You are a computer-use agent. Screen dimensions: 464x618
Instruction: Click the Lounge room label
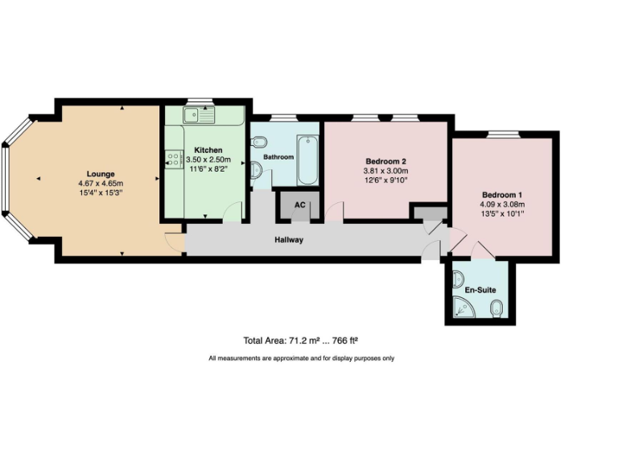[x=101, y=173]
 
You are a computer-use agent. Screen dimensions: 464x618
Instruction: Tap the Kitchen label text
[x=208, y=151]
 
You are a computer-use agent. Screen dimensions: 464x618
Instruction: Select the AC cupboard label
[x=299, y=205]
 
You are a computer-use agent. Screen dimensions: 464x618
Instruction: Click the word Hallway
[x=289, y=240]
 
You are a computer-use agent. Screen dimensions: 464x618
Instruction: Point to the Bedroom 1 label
[x=503, y=195]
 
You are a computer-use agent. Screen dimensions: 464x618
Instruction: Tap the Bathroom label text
[x=278, y=157]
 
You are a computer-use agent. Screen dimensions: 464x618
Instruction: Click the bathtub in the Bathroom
[x=308, y=160]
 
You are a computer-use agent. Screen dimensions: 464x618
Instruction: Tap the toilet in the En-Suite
[x=497, y=306]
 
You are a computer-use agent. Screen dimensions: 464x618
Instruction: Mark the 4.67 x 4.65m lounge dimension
[x=101, y=183]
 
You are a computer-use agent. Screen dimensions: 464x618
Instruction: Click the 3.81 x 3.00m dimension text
[x=385, y=171]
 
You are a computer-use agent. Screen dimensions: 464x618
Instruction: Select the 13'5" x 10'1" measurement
[x=503, y=214]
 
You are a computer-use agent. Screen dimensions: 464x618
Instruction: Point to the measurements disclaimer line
[x=301, y=358]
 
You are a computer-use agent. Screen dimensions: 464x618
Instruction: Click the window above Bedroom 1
[x=503, y=134]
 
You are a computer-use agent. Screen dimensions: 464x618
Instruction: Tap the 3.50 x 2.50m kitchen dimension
[x=208, y=160]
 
